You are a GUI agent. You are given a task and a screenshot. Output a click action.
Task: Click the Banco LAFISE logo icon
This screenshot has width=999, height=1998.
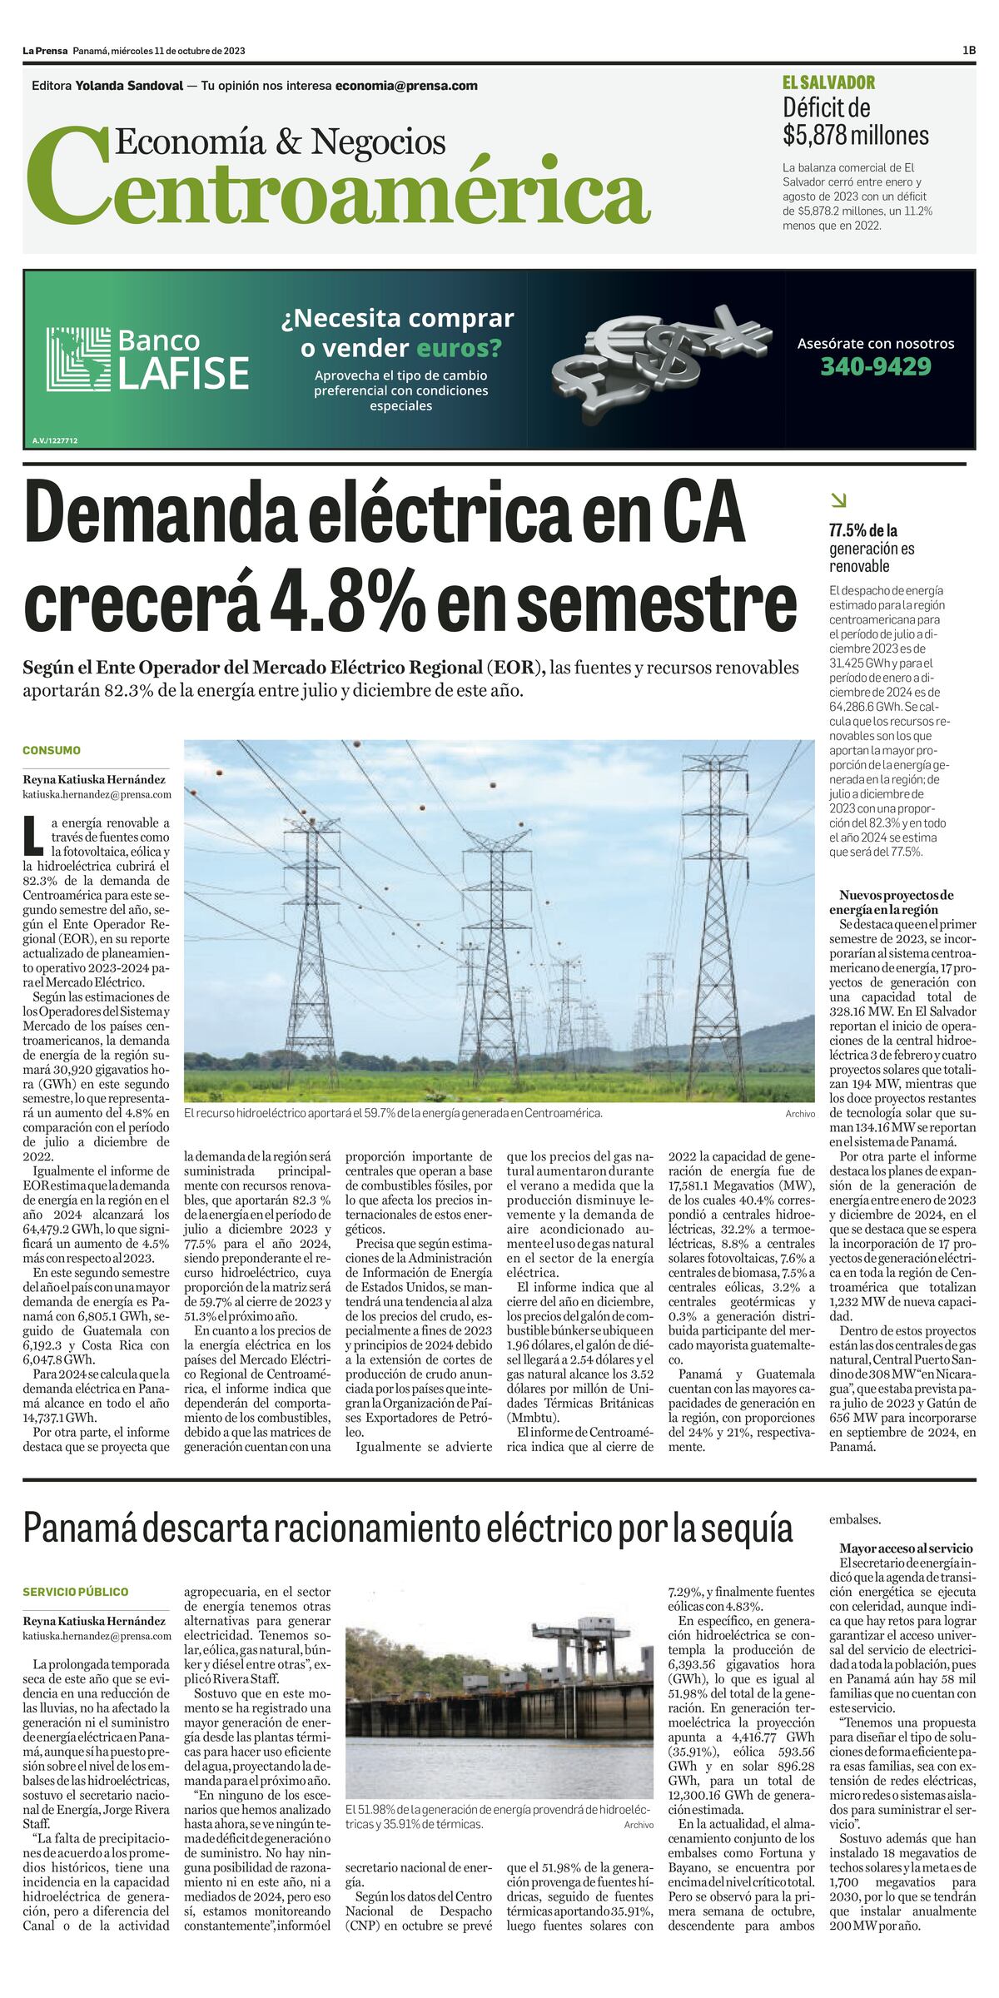(x=78, y=359)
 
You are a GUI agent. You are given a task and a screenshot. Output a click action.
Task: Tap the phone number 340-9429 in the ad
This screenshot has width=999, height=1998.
(x=876, y=366)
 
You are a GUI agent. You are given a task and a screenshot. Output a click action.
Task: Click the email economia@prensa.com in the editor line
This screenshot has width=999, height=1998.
(x=406, y=86)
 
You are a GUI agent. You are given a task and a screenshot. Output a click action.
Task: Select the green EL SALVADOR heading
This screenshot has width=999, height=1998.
(x=828, y=82)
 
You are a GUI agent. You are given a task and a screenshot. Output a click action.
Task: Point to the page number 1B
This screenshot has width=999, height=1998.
(x=968, y=51)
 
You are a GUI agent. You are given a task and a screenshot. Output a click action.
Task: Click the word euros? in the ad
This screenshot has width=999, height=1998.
(x=459, y=347)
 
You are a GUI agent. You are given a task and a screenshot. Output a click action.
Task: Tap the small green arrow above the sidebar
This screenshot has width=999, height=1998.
(x=838, y=500)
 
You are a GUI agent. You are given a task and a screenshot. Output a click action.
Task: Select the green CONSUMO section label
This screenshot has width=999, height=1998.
(x=52, y=750)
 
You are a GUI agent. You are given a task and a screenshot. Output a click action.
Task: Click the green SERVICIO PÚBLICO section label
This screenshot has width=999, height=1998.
(x=76, y=1592)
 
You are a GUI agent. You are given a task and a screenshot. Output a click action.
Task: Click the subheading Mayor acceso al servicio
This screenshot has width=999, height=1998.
(x=906, y=1548)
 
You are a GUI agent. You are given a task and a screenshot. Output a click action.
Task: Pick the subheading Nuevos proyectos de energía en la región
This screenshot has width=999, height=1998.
(x=891, y=902)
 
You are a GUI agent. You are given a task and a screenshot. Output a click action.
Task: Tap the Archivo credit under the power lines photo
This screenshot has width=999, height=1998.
(x=799, y=1114)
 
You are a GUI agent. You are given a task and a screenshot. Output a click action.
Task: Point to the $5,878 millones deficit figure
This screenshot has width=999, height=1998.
(x=855, y=135)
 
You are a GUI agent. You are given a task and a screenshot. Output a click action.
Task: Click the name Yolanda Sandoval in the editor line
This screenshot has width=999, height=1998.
(x=129, y=86)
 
